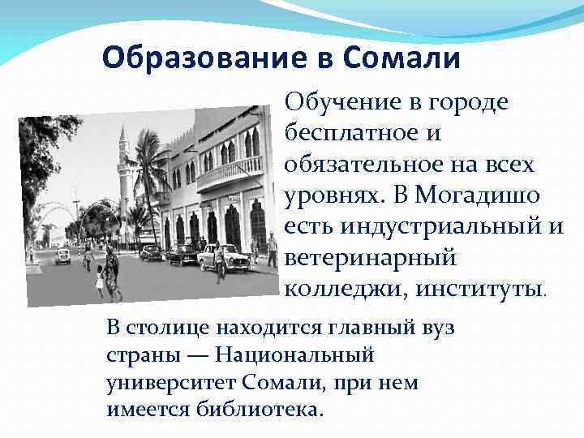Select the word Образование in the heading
(x=206, y=58)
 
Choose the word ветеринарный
(x=370, y=258)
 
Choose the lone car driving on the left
(x=63, y=255)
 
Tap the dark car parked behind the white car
(x=182, y=254)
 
